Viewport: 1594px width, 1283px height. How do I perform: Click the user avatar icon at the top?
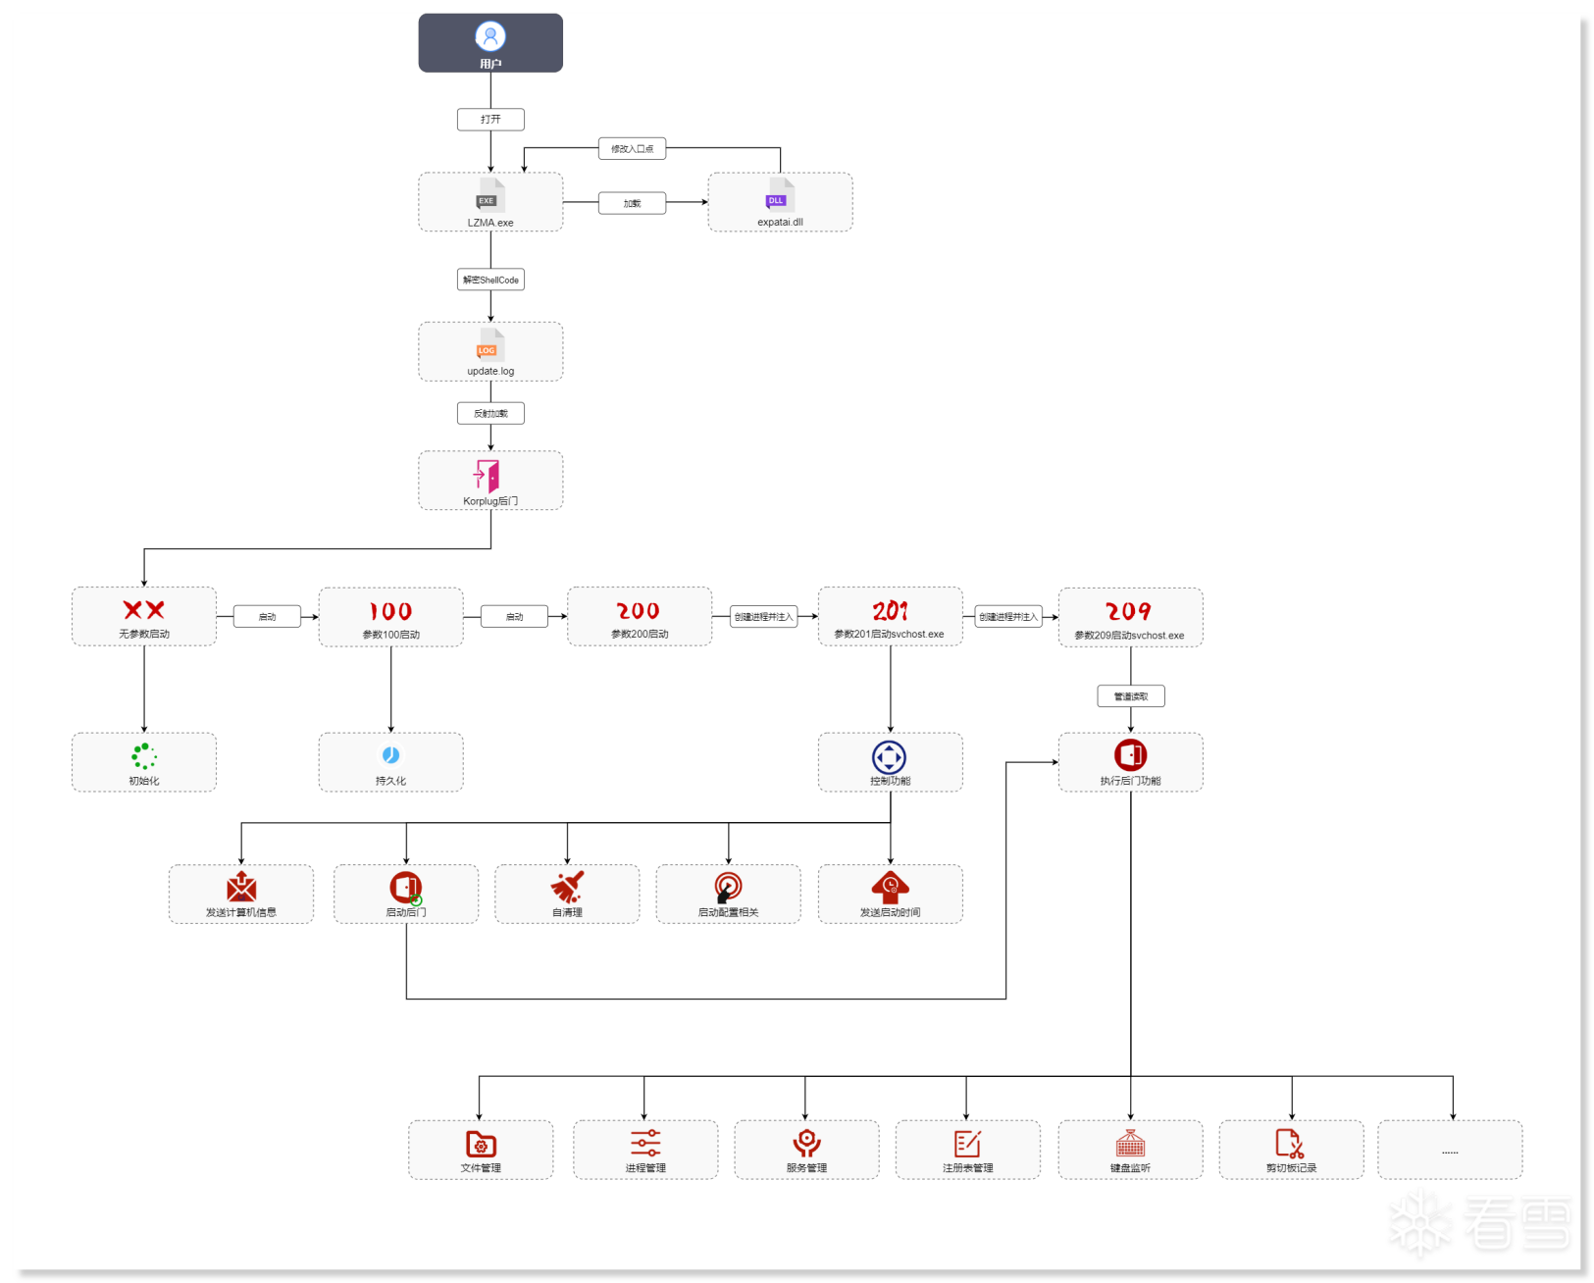click(x=490, y=36)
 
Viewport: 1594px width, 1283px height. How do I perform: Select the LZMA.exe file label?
click(x=490, y=223)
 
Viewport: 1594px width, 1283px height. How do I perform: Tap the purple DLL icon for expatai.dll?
click(x=777, y=199)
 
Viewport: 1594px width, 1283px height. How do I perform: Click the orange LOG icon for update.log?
click(x=488, y=349)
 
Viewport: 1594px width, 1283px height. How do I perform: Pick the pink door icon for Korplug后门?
click(x=488, y=476)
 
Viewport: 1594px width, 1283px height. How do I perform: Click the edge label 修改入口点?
click(x=633, y=149)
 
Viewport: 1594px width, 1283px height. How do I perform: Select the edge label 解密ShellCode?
click(x=490, y=280)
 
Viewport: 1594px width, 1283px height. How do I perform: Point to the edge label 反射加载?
click(x=490, y=413)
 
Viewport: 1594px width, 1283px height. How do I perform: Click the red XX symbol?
click(x=144, y=610)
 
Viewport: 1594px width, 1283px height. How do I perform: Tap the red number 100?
click(x=390, y=611)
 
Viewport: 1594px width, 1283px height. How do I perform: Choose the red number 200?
click(x=639, y=611)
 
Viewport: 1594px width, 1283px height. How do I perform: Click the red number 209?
click(x=1129, y=612)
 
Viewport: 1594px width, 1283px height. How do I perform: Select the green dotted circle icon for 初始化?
click(x=144, y=755)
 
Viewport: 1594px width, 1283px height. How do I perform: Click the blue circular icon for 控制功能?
click(x=890, y=757)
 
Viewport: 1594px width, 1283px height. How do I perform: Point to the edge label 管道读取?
click(x=1130, y=696)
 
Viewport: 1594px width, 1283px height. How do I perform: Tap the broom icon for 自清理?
click(x=567, y=887)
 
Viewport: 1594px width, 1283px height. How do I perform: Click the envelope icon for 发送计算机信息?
click(x=241, y=887)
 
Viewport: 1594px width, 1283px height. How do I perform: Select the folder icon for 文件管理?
click(x=481, y=1144)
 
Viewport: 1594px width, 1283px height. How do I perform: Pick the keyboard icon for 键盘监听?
click(x=1130, y=1144)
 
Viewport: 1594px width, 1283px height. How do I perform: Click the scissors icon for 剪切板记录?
click(x=1290, y=1144)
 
